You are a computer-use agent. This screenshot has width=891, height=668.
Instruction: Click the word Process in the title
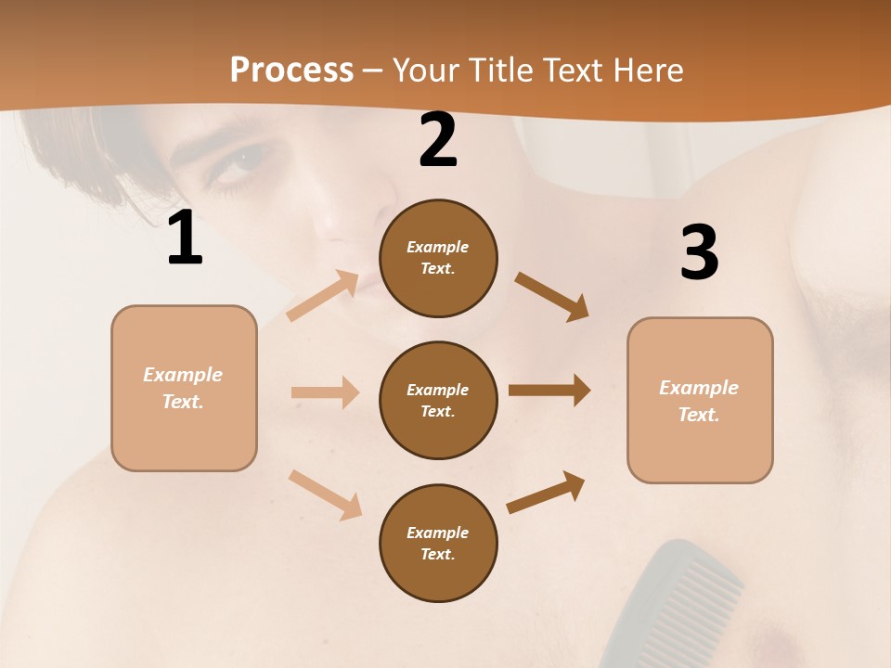coord(291,71)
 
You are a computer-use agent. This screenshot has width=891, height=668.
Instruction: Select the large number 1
coord(185,238)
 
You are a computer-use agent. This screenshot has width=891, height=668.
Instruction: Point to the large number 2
coord(438,141)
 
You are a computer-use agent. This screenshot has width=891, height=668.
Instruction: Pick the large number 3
coord(699,252)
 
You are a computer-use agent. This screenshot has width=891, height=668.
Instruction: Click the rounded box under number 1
coord(184,388)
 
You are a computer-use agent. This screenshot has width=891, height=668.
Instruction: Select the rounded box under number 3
coord(700,401)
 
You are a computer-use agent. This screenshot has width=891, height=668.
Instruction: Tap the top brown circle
coord(438,258)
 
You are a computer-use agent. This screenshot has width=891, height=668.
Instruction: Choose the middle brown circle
coord(438,401)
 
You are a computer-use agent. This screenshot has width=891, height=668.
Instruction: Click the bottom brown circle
coord(438,544)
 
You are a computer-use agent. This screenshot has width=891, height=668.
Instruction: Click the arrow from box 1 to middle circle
coord(325,392)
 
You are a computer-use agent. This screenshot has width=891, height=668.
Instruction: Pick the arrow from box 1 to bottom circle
coord(325,495)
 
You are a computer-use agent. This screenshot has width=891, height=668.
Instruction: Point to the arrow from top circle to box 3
coord(551,296)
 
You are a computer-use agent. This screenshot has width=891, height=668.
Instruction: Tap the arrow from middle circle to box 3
coord(549,391)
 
